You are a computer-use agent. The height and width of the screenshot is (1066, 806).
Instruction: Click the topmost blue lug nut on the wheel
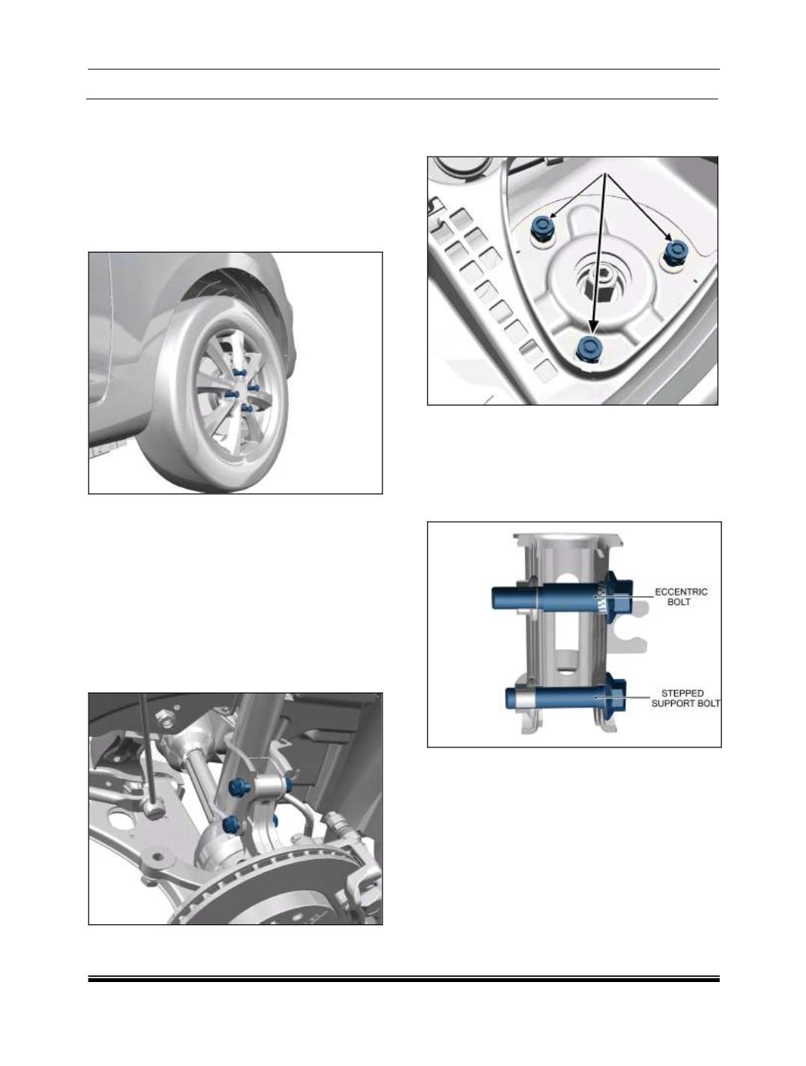pyautogui.click(x=239, y=373)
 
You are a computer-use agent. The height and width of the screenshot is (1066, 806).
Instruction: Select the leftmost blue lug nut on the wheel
pyautogui.click(x=231, y=394)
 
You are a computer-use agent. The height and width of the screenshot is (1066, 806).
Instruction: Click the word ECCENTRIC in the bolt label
pyautogui.click(x=681, y=592)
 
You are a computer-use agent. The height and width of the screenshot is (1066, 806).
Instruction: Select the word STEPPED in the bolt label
pyautogui.click(x=682, y=693)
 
